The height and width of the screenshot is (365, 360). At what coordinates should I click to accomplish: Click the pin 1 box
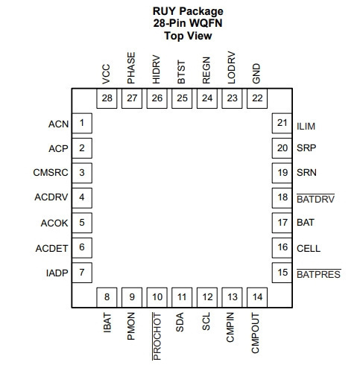tap(82, 123)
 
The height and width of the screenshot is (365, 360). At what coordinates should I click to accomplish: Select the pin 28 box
tap(107, 98)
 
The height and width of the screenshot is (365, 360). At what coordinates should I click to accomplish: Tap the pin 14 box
tap(257, 297)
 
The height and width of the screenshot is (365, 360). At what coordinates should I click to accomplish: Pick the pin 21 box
tap(282, 123)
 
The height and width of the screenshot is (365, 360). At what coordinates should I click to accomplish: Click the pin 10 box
tap(157, 297)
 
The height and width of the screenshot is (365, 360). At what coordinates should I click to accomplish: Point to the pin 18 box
tap(282, 198)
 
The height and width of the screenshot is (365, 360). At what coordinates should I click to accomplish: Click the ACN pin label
tap(58, 124)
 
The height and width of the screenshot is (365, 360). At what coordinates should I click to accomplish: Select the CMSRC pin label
tap(51, 172)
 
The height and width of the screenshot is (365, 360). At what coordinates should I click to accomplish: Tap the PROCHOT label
tap(157, 337)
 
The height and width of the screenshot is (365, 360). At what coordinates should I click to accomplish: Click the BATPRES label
tap(319, 274)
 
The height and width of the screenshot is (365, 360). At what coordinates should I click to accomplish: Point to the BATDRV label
tap(315, 199)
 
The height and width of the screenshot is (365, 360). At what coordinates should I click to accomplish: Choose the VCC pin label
tap(106, 74)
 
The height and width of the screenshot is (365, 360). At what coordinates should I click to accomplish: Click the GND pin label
tap(256, 74)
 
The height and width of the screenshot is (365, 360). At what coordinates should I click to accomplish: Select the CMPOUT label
tap(255, 333)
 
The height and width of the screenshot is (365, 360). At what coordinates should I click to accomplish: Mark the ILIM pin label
tap(306, 127)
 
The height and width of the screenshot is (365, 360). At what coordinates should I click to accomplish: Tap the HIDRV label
tap(156, 69)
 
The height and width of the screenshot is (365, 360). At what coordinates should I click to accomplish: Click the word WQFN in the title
tap(204, 23)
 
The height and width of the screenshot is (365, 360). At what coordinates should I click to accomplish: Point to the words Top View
tap(188, 36)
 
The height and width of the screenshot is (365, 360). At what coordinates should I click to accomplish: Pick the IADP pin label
tap(57, 273)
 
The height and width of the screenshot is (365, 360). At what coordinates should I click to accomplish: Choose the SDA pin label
tap(180, 322)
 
